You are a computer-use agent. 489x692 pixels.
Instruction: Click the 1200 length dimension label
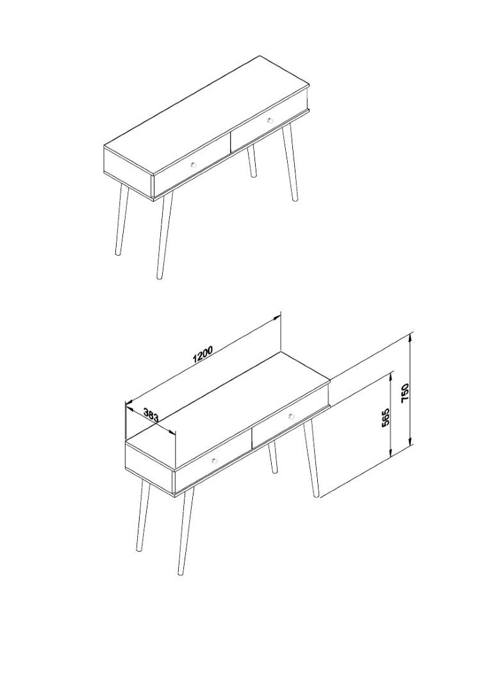pos(203,354)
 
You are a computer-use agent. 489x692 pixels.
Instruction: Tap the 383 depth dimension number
pos(151,415)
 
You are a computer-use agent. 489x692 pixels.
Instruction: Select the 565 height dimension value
pos(386,417)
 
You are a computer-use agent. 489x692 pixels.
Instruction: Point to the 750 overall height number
pos(406,392)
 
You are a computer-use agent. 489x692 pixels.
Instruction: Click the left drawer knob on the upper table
pos(193,165)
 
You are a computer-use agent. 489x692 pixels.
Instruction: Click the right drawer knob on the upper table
pos(270,120)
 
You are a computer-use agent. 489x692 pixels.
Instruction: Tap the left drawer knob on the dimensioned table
pos(215,460)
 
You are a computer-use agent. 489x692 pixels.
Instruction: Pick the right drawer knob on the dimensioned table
pos(291,416)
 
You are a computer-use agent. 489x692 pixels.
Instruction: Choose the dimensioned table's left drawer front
pos(213,461)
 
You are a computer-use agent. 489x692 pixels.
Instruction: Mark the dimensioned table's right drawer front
pos(290,416)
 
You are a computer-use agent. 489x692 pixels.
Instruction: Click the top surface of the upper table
pos(206,117)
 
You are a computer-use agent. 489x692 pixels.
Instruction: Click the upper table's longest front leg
pos(165,235)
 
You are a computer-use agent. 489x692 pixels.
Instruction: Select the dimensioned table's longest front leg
pos(186,531)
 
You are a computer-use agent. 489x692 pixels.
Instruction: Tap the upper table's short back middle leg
pos(252,161)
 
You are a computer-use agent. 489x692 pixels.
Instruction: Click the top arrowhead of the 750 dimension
pos(410,337)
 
